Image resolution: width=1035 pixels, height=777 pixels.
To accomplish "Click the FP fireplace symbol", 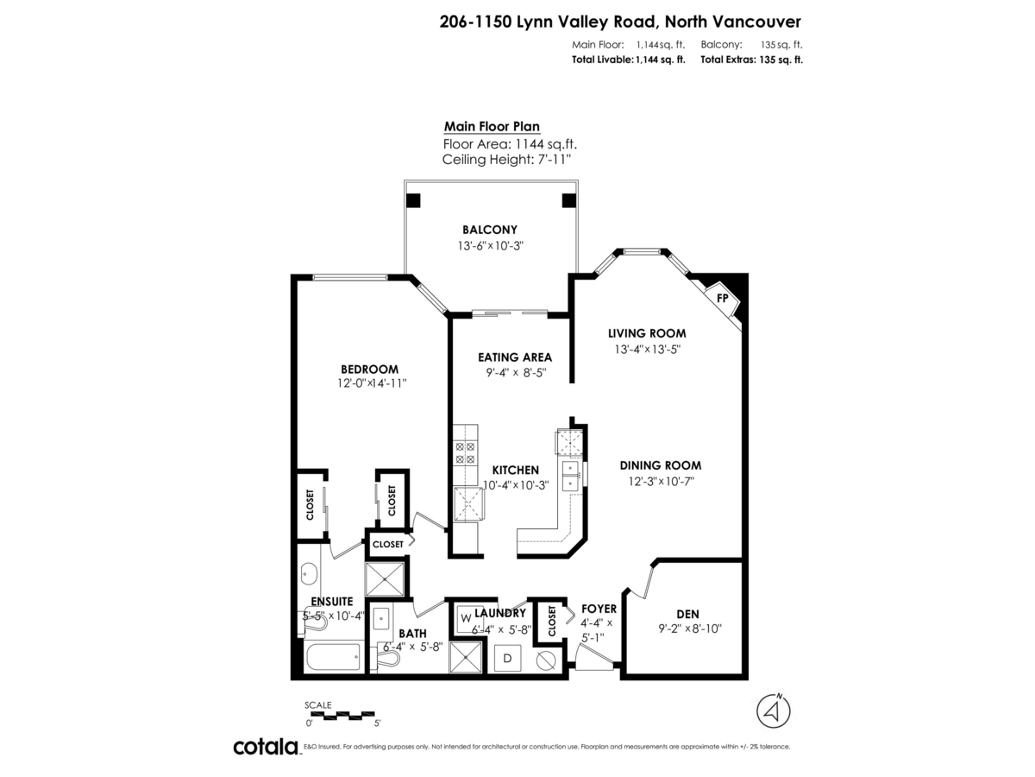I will pyautogui.click(x=722, y=299).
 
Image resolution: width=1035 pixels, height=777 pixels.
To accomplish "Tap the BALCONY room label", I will pyautogui.click(x=489, y=230).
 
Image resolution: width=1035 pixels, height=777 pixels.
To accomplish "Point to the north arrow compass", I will pyautogui.click(x=774, y=711).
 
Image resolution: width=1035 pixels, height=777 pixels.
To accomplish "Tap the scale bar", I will pyautogui.click(x=342, y=715).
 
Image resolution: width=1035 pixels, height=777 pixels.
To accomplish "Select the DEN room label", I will pyautogui.click(x=687, y=614).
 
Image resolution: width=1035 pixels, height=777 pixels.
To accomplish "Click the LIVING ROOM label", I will pyautogui.click(x=647, y=333).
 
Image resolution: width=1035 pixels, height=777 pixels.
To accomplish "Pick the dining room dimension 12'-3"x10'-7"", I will pyautogui.click(x=661, y=481).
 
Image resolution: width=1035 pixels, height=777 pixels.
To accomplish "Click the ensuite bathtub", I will pyautogui.click(x=333, y=659).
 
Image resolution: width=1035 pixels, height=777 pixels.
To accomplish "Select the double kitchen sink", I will pyautogui.click(x=571, y=474).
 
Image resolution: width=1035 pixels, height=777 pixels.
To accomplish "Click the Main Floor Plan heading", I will pyautogui.click(x=492, y=126).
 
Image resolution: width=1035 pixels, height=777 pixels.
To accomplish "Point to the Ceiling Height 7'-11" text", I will pyautogui.click(x=506, y=160).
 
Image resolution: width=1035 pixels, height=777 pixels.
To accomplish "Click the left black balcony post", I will pyautogui.click(x=414, y=201).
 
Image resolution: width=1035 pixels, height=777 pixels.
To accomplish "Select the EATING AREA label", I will pyautogui.click(x=515, y=357).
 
